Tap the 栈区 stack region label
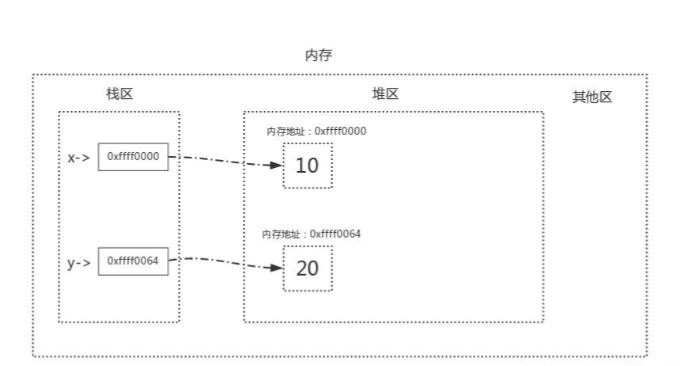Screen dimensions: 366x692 tap(119, 93)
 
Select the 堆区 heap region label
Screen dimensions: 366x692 tap(385, 93)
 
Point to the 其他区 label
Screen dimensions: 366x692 tap(592, 97)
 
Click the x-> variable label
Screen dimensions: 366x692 tap(79, 157)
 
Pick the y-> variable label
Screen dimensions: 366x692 tap(79, 262)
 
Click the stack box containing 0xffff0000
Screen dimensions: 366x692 tap(134, 157)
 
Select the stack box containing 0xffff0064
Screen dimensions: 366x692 tap(134, 261)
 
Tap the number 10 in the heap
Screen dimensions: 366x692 tap(307, 166)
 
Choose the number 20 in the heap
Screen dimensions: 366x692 tap(307, 268)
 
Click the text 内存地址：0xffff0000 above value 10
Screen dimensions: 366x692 tap(317, 131)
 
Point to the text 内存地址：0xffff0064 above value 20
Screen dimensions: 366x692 tap(312, 234)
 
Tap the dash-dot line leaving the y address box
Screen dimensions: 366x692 tap(221, 261)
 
